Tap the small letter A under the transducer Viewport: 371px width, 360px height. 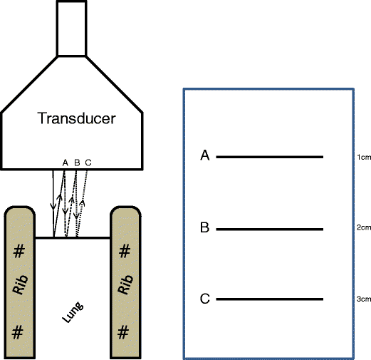[65, 163]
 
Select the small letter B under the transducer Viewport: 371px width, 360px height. [76, 163]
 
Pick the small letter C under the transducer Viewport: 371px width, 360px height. [88, 163]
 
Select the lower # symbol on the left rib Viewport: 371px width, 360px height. [19, 331]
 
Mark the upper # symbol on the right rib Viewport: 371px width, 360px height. [124, 251]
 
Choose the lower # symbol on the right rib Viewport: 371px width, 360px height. [124, 331]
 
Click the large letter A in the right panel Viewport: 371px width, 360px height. [204, 156]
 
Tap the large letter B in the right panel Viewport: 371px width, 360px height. [204, 228]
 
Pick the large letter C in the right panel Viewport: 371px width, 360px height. [204, 299]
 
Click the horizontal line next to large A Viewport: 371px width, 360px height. [270, 157]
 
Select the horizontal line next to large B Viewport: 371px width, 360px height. [270, 229]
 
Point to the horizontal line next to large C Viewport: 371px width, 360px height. [270, 299]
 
